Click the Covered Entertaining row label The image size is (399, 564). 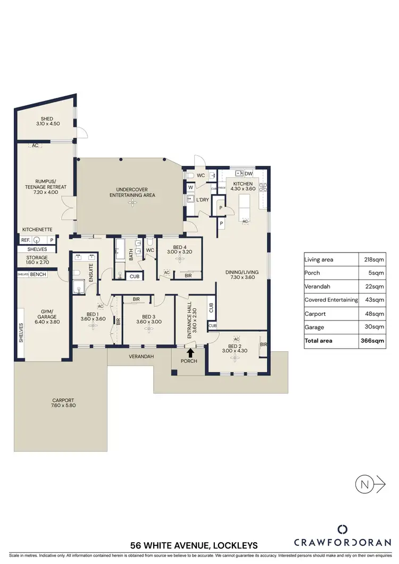tap(331, 300)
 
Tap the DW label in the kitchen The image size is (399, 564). tap(248, 173)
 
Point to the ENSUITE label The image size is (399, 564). tap(91, 272)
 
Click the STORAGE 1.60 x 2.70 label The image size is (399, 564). tap(37, 260)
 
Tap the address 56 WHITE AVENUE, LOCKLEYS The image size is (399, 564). tap(195, 545)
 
